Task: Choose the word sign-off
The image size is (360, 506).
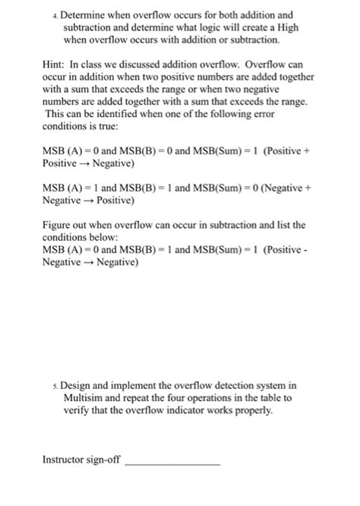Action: pos(106,459)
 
